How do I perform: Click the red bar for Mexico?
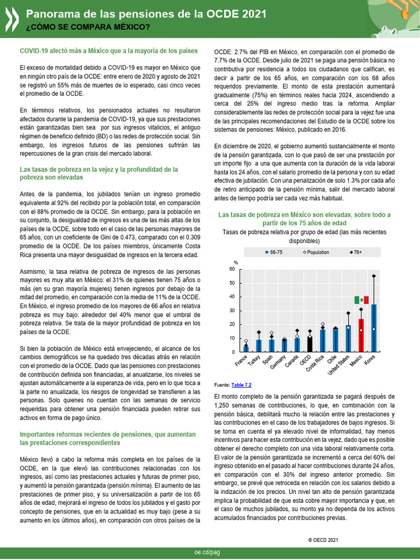361,335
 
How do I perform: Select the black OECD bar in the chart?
310,344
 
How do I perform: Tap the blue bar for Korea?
374,328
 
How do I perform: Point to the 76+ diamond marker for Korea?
374,276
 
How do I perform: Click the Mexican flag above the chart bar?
361,300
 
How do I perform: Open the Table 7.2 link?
241,385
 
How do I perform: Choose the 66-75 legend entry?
273,252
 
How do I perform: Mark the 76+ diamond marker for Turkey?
259,332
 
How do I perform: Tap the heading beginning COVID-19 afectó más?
108,51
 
